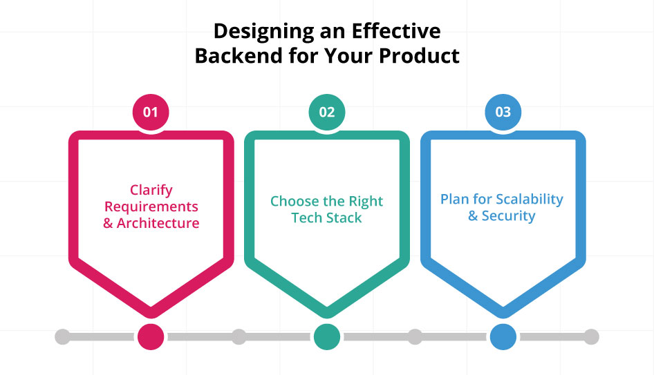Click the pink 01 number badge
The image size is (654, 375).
(x=151, y=111)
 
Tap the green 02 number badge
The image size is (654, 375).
(x=327, y=111)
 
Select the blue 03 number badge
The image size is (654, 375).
(x=503, y=111)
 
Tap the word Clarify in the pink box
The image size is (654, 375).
(x=151, y=190)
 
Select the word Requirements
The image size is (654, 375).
(x=151, y=206)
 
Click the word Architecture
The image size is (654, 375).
(x=158, y=223)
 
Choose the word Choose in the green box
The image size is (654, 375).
(x=293, y=202)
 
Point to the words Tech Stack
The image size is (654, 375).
(x=327, y=218)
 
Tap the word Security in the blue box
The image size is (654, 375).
(x=509, y=216)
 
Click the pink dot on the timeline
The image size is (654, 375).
(x=151, y=337)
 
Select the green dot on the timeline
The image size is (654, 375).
(x=327, y=337)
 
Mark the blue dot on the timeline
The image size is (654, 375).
(x=503, y=337)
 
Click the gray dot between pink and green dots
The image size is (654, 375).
(x=239, y=337)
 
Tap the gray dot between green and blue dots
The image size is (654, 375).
(x=415, y=337)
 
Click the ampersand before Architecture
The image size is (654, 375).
(x=108, y=223)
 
